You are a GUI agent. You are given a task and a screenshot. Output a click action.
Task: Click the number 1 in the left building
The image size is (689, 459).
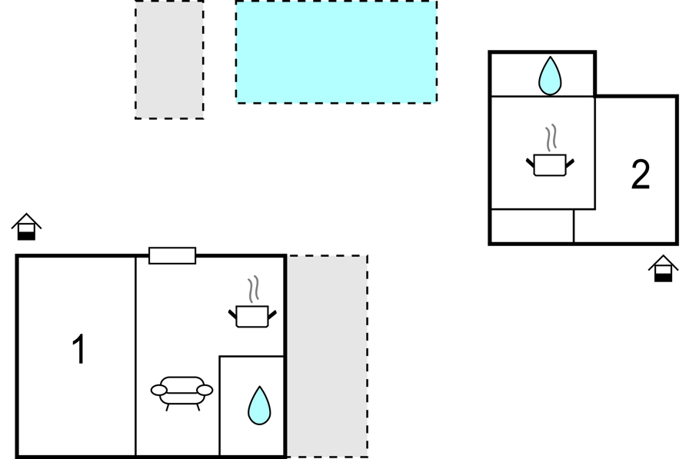pyautogui.click(x=79, y=349)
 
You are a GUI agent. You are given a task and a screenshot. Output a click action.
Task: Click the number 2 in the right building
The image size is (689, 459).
pyautogui.click(x=641, y=175)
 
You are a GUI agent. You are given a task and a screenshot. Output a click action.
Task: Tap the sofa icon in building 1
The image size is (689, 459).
pyautogui.click(x=181, y=393)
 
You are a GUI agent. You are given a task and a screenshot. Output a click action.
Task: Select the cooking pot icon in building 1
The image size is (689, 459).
pyautogui.click(x=252, y=316)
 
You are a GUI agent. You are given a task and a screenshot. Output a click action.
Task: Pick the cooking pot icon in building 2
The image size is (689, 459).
pyautogui.click(x=550, y=165)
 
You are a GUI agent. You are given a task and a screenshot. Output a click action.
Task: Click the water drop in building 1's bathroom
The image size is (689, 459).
pyautogui.click(x=259, y=405)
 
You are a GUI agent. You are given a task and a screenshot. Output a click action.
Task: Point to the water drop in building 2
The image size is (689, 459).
pyautogui.click(x=550, y=75)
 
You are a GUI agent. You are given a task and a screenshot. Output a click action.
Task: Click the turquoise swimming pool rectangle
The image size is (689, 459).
pyautogui.click(x=336, y=52)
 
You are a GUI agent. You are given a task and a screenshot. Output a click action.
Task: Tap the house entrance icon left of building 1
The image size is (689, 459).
pyautogui.click(x=26, y=227)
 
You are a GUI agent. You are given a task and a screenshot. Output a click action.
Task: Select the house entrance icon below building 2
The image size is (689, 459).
pyautogui.click(x=664, y=268)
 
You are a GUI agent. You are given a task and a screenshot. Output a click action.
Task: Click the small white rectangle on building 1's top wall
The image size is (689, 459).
pyautogui.click(x=172, y=255)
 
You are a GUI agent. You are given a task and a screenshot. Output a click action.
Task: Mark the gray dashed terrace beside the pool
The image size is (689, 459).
pyautogui.click(x=169, y=59)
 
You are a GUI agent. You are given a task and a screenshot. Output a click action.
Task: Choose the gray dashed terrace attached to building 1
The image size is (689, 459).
pyautogui.click(x=328, y=356)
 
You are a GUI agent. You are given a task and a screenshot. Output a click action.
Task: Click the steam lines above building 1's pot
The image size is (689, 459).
pyautogui.click(x=253, y=289)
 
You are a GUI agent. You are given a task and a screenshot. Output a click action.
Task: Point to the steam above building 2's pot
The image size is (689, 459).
pyautogui.click(x=551, y=138)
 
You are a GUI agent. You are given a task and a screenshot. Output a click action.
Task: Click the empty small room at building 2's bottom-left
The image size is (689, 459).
pyautogui.click(x=532, y=226)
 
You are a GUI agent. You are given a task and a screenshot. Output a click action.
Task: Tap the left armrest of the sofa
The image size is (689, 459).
pyautogui.click(x=158, y=390)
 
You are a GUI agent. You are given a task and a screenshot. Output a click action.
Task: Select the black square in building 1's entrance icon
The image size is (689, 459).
pyautogui.click(x=26, y=235)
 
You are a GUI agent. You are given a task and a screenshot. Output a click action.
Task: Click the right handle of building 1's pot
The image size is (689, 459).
pyautogui.click(x=272, y=314)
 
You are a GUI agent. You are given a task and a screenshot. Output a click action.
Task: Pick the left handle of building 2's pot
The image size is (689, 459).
pyautogui.click(x=531, y=163)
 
